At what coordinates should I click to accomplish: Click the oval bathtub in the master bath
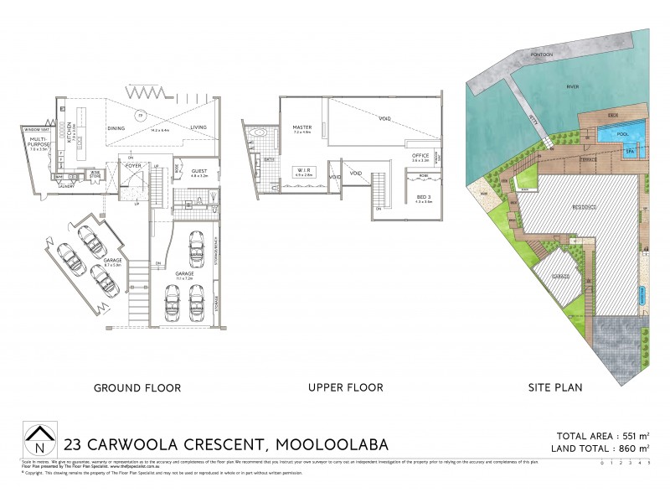coord(259,132)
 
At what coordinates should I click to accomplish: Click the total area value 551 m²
coord(629,436)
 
